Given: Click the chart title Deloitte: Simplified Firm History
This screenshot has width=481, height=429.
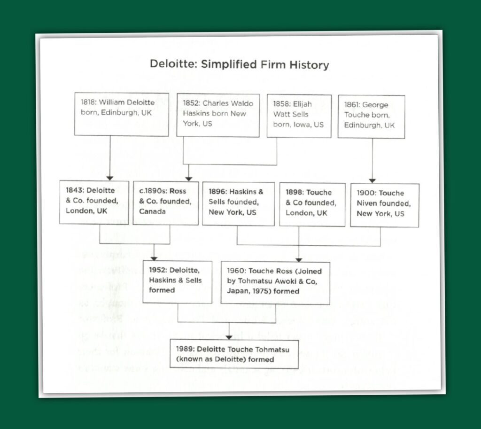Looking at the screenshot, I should [239, 64].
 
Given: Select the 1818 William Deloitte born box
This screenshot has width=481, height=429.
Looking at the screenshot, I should [121, 114].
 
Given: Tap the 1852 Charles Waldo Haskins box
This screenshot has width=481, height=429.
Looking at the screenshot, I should [217, 115].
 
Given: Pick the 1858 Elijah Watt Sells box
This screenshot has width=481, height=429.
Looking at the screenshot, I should [299, 116].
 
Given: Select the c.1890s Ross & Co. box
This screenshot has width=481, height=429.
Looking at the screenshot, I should [165, 203].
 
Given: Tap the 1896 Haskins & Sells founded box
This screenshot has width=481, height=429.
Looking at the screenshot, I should [238, 203].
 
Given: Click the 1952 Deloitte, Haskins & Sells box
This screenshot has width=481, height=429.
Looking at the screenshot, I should [178, 281].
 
